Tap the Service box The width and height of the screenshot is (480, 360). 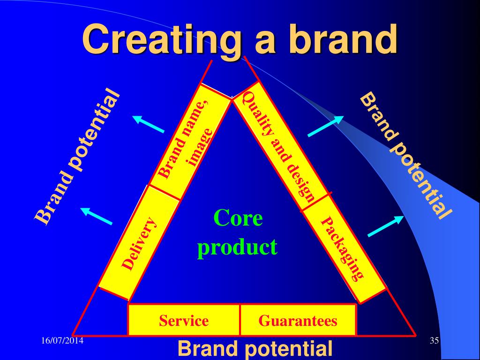click(x=184, y=320)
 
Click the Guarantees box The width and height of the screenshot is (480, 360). click(x=298, y=320)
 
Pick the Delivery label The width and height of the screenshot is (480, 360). click(x=140, y=243)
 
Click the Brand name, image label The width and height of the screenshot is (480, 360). click(x=186, y=139)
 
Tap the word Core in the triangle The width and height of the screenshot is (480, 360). click(x=238, y=218)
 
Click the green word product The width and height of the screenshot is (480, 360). click(x=237, y=247)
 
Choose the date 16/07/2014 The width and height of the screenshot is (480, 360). click(x=62, y=340)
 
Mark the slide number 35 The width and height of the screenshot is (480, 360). click(x=434, y=340)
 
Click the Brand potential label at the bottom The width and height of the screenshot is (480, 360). click(x=255, y=349)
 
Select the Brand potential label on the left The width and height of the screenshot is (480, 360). click(x=76, y=157)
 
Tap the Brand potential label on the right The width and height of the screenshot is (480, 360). click(x=405, y=156)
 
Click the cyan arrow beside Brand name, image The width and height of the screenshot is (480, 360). click(x=149, y=124)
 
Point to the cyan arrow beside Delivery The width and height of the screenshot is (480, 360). click(x=96, y=216)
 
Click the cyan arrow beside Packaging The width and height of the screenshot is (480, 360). click(x=386, y=226)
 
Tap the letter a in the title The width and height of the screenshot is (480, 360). click(x=266, y=43)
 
